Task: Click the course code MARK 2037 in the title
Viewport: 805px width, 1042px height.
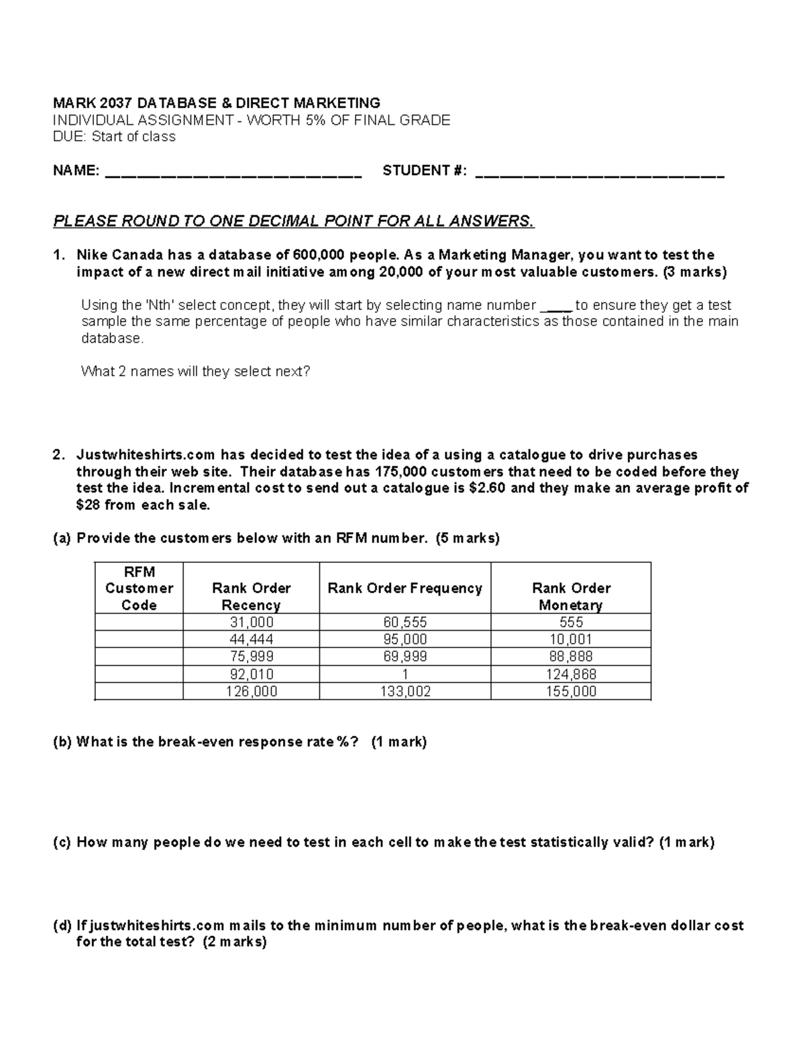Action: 87,103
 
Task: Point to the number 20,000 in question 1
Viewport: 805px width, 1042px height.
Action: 400,272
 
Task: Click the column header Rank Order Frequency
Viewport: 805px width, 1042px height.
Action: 405,588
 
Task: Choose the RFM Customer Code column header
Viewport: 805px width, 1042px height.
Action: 139,588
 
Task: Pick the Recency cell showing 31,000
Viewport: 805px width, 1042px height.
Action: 251,622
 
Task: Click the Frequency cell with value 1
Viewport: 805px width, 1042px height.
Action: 405,674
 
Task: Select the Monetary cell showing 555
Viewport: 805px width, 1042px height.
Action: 571,622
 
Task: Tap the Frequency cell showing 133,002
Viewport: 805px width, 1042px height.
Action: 405,692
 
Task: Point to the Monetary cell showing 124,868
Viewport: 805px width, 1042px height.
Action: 571,674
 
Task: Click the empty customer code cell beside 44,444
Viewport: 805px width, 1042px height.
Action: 139,639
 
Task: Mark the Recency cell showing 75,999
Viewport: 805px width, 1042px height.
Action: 251,657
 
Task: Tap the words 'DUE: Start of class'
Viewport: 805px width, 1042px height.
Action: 114,137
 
